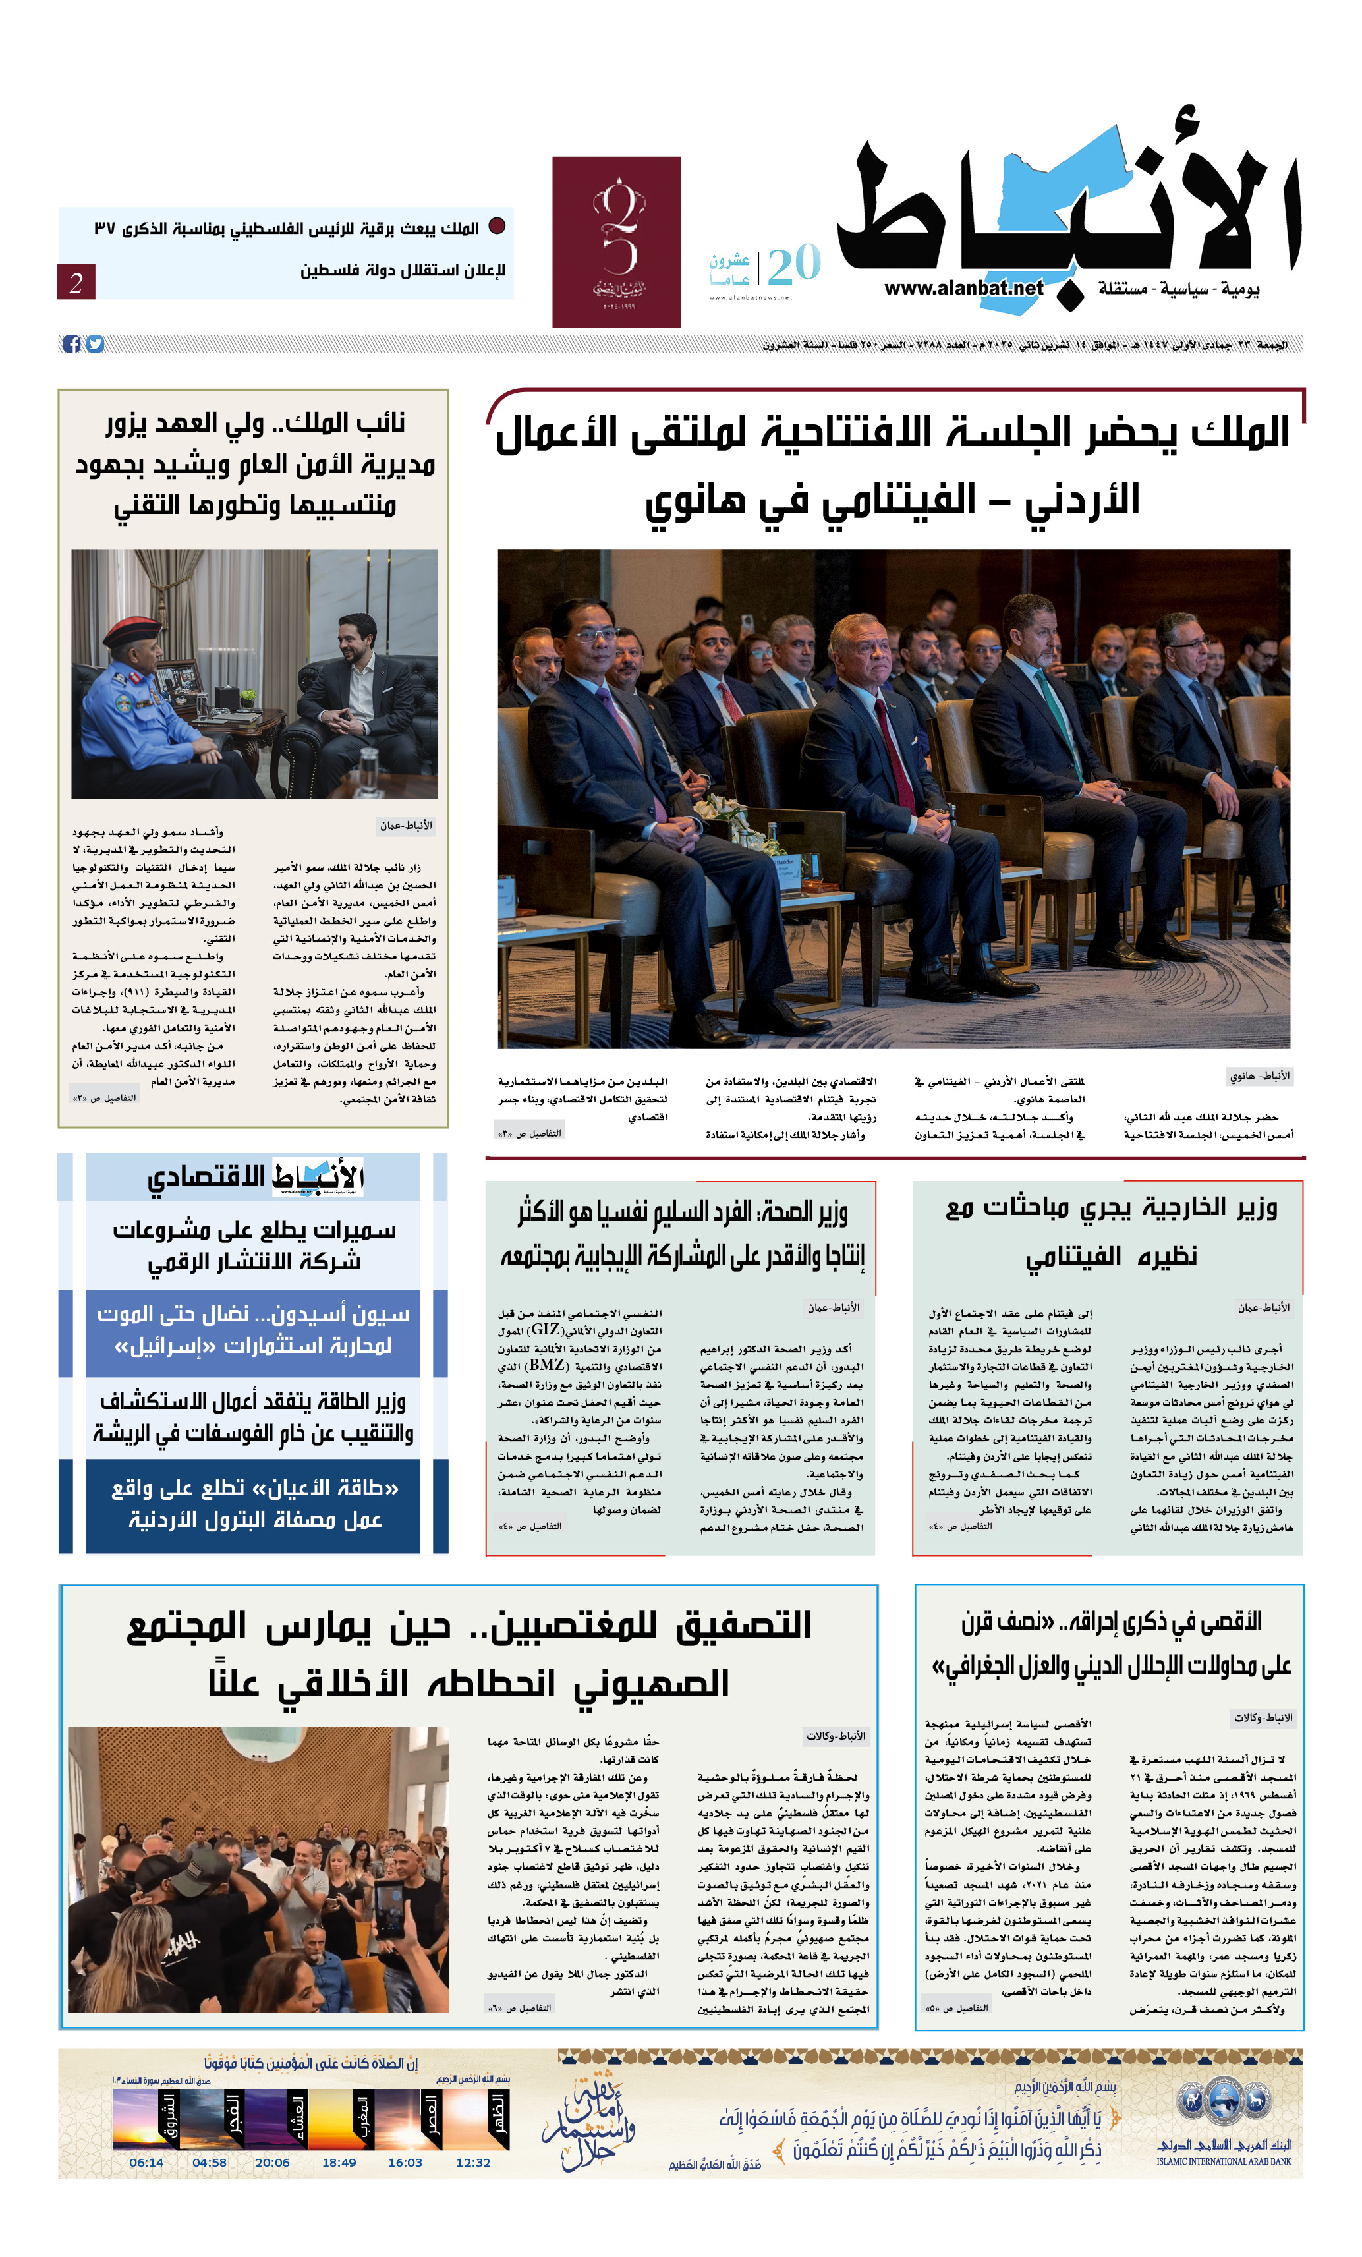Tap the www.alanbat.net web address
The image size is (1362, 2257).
[963, 287]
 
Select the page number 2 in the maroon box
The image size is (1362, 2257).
[75, 282]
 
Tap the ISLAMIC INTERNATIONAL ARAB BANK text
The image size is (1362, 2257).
[1223, 2161]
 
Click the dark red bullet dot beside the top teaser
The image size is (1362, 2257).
[496, 226]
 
